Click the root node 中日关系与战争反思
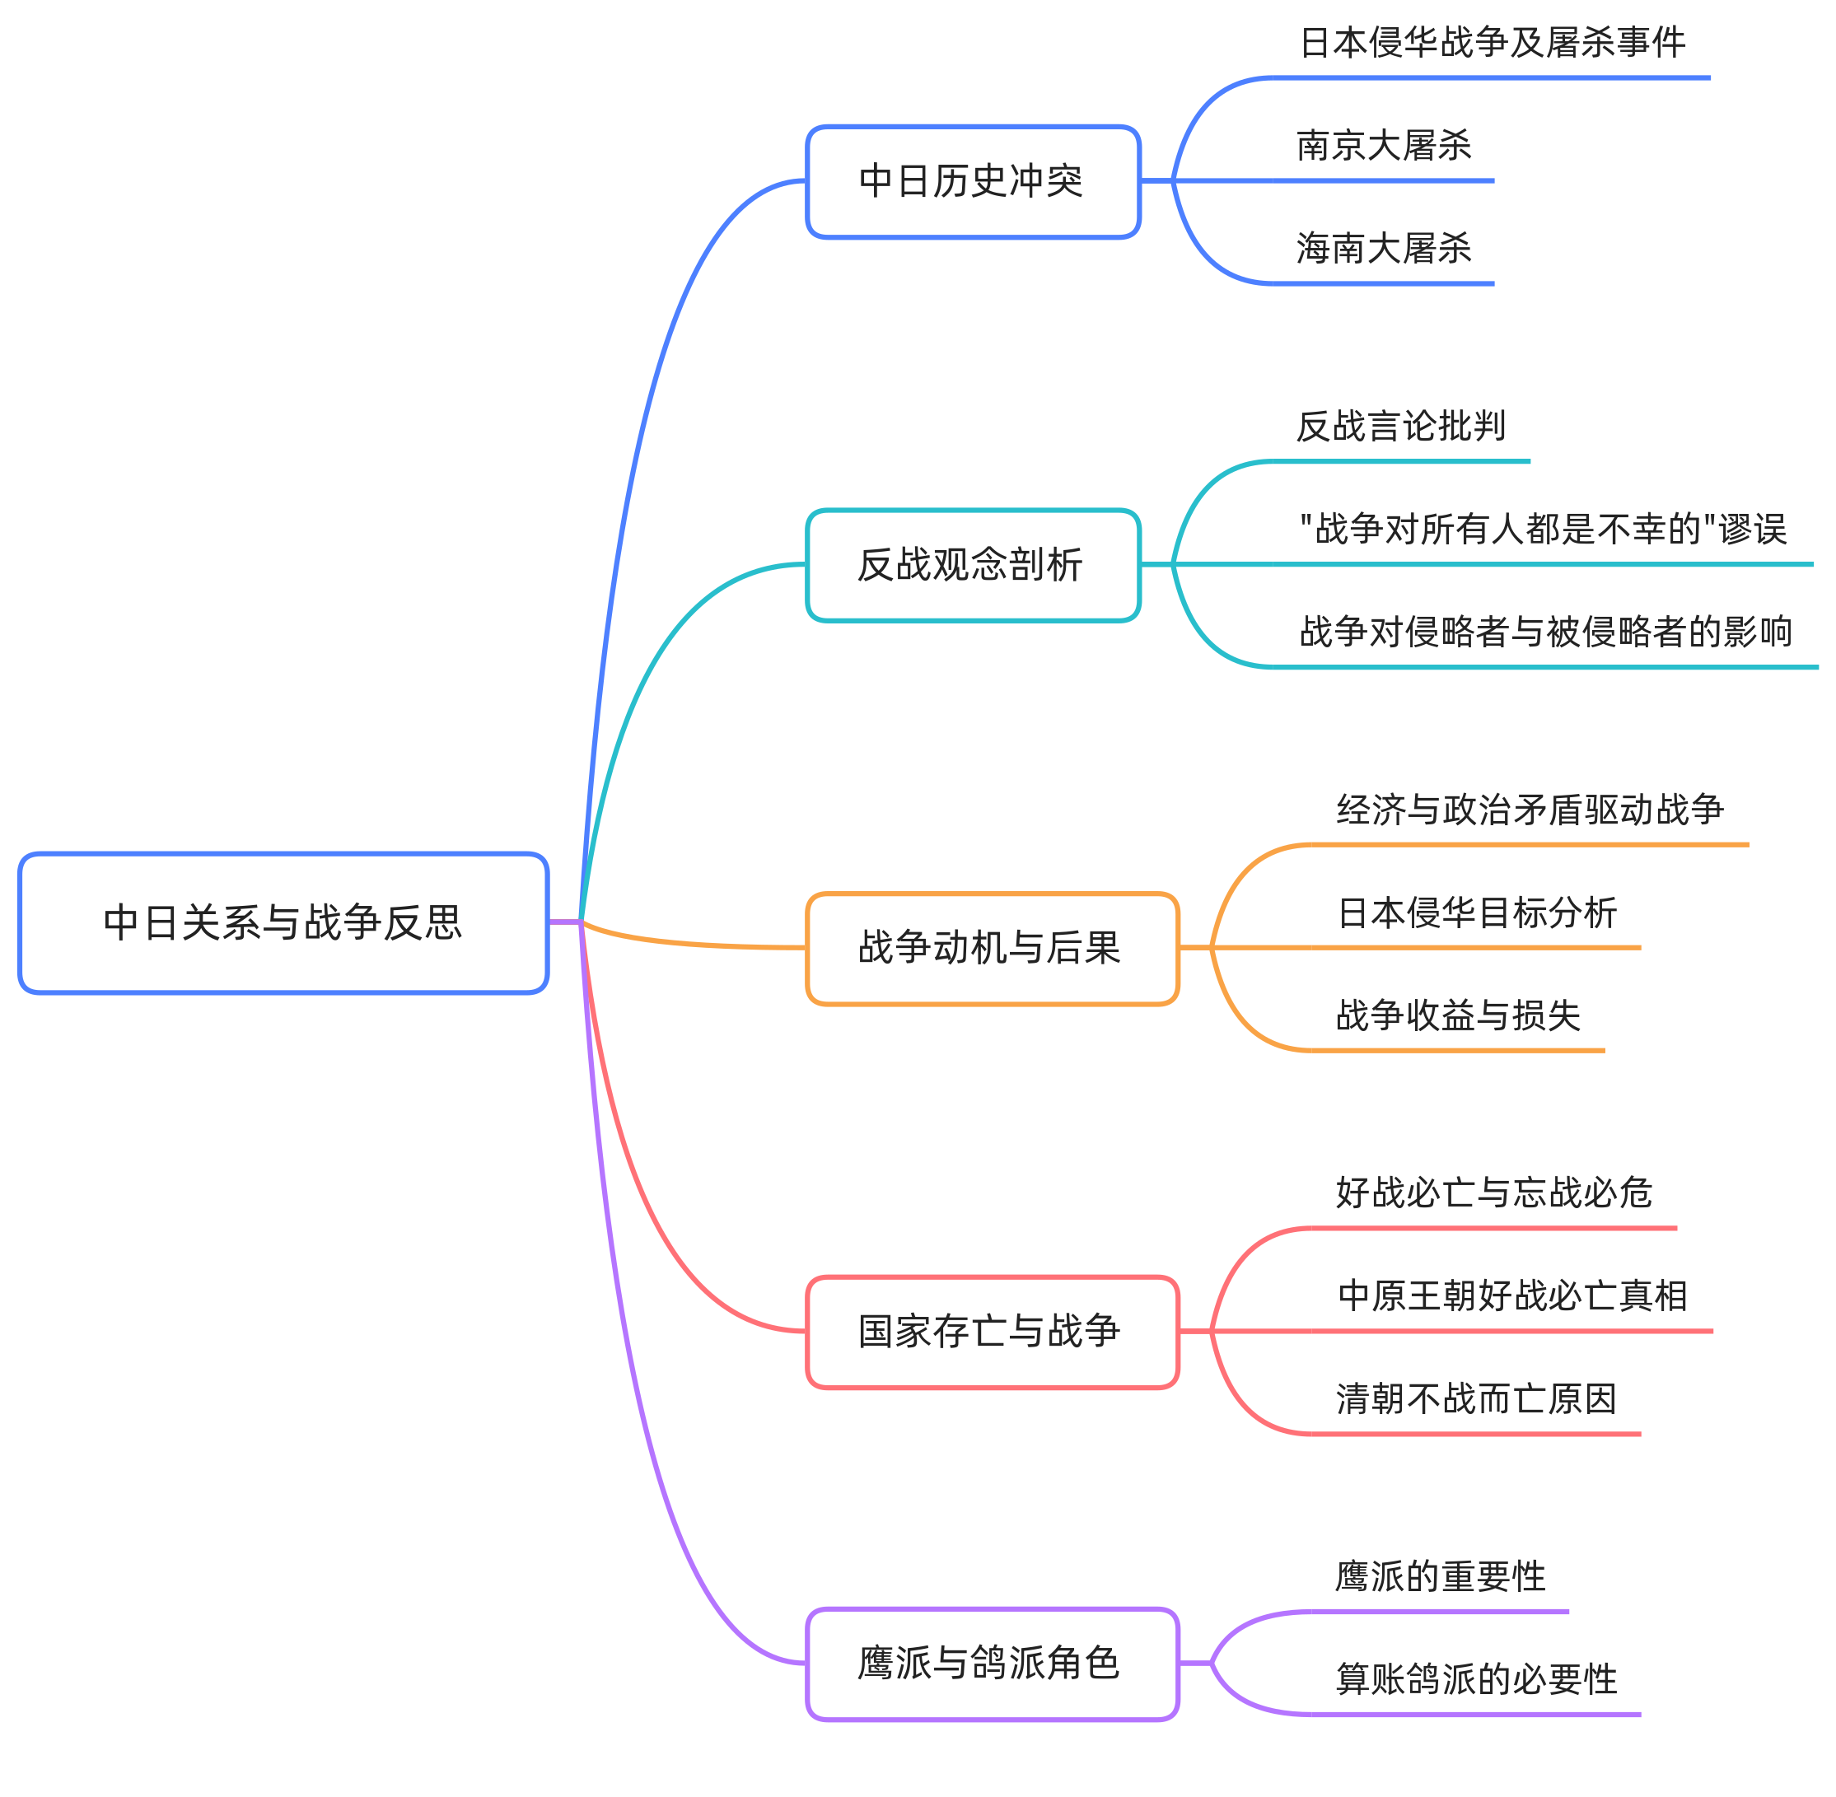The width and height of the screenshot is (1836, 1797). (283, 923)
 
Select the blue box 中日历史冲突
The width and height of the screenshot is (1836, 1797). (972, 181)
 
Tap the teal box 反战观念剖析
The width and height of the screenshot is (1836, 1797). (972, 565)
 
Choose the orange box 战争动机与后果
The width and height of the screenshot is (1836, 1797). (991, 949)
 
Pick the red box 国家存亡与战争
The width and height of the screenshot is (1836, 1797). (991, 1332)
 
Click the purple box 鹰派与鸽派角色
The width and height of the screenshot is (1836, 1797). (991, 1663)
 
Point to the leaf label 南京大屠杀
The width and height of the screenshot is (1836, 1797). (1384, 145)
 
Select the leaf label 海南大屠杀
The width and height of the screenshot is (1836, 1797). (1384, 248)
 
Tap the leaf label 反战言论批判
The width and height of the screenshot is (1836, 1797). (1401, 427)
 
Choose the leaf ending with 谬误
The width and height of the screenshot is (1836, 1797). (1543, 530)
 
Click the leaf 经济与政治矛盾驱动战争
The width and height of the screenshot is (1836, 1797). (1530, 810)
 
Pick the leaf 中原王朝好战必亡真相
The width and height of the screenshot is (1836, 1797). (1512, 1295)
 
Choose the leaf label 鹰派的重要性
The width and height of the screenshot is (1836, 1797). (1441, 1576)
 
